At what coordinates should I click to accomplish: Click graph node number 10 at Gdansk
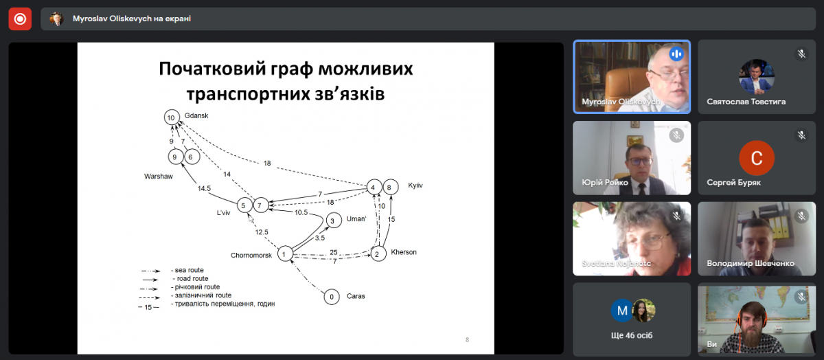tap(172, 117)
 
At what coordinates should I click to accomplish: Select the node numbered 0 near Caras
tap(332, 297)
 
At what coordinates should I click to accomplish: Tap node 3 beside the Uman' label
tap(332, 221)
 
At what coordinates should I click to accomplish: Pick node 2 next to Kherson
tap(377, 254)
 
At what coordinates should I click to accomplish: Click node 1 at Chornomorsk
tap(283, 255)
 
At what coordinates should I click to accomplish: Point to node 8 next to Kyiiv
tap(390, 187)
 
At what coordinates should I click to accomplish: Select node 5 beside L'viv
tap(244, 205)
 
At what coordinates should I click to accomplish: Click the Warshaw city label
tap(158, 177)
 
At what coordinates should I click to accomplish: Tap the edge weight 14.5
tap(204, 188)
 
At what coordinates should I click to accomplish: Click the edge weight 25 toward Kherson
tap(334, 252)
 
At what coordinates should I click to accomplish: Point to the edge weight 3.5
tap(319, 238)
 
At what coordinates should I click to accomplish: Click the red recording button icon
tap(20, 19)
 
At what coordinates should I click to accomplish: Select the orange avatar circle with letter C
tap(756, 158)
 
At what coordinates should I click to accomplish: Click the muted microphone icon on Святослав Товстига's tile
tap(801, 54)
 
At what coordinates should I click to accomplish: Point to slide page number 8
tap(467, 339)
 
